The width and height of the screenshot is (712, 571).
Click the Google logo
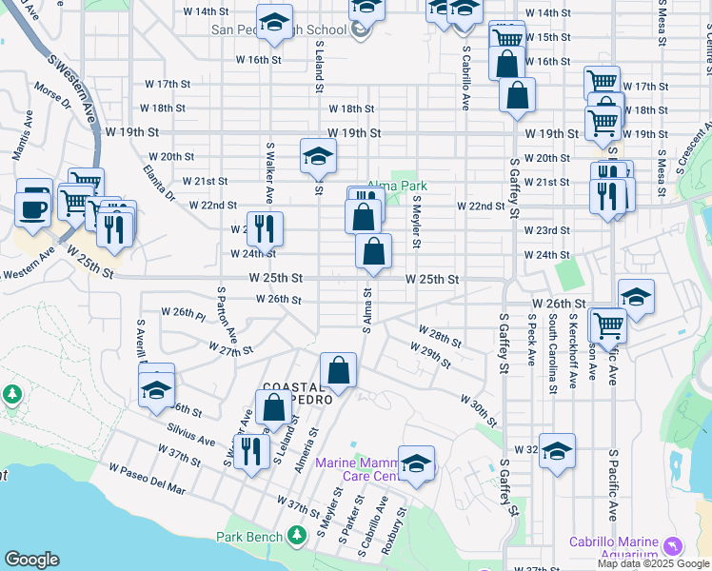click(31, 560)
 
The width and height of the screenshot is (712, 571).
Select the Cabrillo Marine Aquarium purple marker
click(674, 545)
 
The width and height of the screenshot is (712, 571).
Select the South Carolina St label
click(552, 357)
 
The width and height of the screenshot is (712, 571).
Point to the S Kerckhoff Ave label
click(573, 354)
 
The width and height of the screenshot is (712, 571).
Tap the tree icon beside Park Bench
click(297, 536)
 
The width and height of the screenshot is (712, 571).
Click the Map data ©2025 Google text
click(652, 563)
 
